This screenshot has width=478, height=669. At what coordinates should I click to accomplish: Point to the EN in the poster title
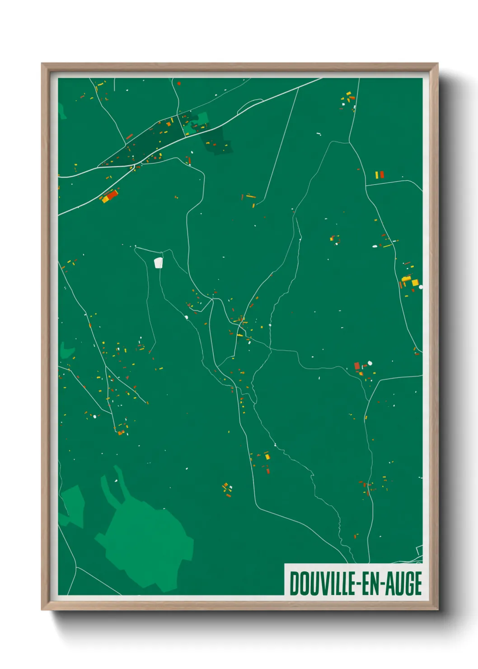[370, 584]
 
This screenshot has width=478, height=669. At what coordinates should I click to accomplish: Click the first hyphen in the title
[357, 584]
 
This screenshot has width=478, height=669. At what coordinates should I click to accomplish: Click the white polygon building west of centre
[158, 263]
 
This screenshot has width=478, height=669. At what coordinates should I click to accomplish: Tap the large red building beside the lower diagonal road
[111, 195]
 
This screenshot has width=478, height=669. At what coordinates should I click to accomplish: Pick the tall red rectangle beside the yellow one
[382, 174]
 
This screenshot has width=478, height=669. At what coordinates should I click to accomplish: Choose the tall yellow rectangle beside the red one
[377, 174]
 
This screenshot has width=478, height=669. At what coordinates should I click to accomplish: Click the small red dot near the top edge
[179, 83]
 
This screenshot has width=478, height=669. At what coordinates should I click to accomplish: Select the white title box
[353, 579]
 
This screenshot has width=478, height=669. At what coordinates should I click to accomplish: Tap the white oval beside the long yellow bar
[375, 246]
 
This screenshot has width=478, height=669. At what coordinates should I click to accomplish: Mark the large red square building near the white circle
[357, 365]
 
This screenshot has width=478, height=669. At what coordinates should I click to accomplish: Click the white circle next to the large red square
[370, 363]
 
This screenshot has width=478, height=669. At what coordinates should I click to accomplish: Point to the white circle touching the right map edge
[421, 287]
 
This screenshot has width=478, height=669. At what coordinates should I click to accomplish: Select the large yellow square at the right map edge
[415, 283]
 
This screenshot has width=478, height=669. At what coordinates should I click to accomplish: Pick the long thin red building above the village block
[129, 137]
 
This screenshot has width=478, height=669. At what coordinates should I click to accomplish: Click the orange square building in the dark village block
[169, 123]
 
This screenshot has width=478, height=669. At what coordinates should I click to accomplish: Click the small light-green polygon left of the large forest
[72, 504]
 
